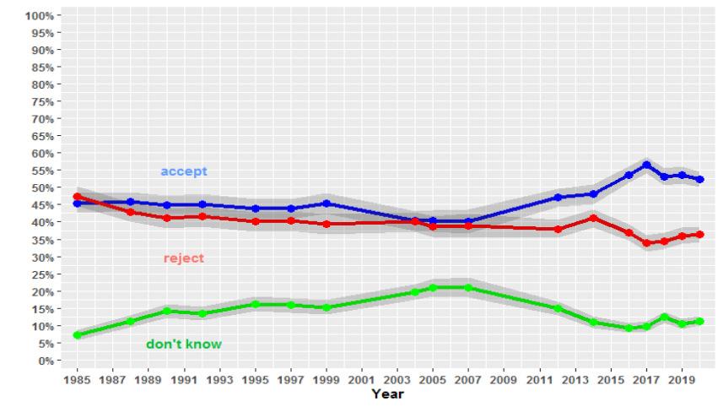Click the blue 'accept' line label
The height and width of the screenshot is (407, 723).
(183, 171)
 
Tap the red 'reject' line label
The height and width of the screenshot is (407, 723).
(183, 258)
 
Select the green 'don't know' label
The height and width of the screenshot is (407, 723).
(184, 344)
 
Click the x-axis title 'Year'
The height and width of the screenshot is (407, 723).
(387, 393)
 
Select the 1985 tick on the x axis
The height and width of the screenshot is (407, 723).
(78, 380)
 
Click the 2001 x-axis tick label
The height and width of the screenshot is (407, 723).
(361, 380)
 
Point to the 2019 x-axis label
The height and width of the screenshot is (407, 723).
(680, 380)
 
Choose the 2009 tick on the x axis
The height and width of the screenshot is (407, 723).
(503, 380)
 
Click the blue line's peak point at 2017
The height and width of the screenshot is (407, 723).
(646, 165)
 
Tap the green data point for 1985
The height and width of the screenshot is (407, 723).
(78, 335)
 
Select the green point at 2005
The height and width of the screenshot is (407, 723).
(433, 288)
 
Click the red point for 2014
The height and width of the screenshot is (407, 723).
(593, 218)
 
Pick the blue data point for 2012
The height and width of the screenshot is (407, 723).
(558, 198)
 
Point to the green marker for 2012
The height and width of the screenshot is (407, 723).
(558, 309)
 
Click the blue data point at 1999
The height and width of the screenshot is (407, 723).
(326, 203)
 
